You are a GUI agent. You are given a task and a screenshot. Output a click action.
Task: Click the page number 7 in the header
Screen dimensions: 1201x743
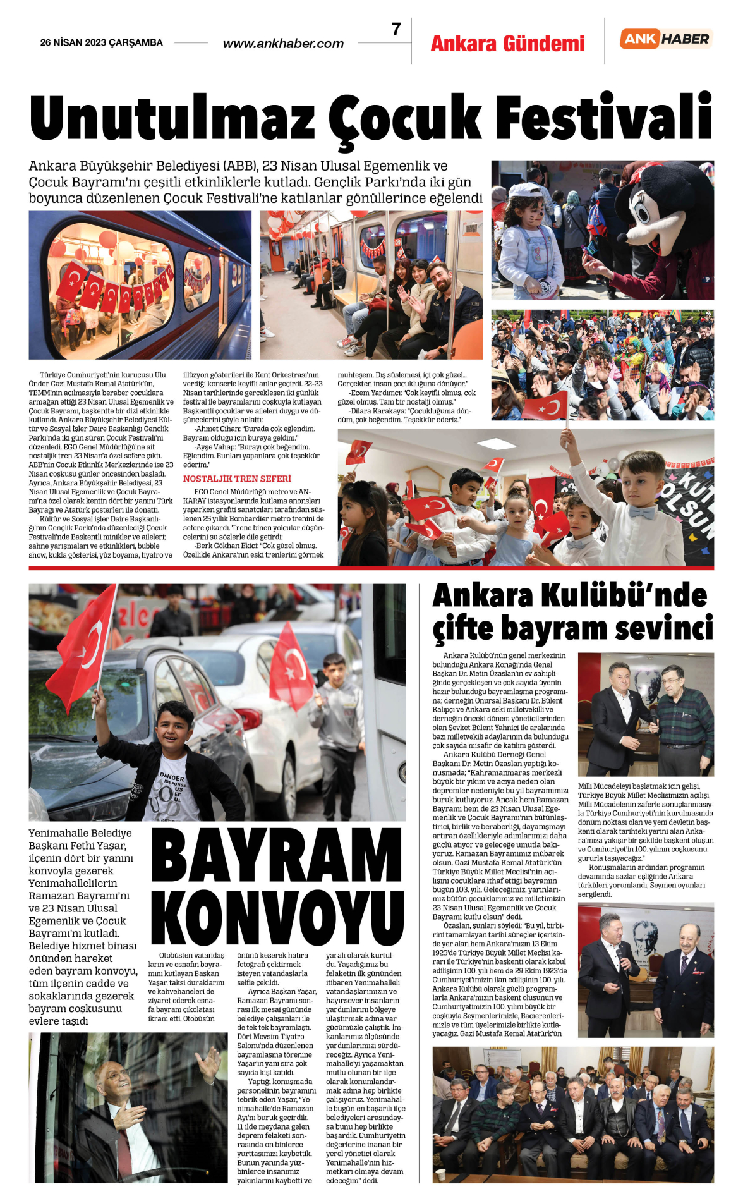click(x=396, y=30)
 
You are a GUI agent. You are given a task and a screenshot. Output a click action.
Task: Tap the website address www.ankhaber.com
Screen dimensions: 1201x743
click(x=283, y=44)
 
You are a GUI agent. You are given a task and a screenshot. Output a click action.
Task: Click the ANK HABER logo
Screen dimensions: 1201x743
click(x=666, y=39)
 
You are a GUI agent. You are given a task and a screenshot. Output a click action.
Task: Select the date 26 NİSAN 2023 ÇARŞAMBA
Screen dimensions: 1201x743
click(x=101, y=43)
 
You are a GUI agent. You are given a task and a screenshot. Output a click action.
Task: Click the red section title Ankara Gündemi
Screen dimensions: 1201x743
click(x=507, y=44)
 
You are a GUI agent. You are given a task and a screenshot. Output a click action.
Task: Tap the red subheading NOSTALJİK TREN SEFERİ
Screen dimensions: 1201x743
click(x=237, y=479)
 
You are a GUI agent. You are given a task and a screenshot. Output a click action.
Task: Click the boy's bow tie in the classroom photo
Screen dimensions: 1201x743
click(x=641, y=513)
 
